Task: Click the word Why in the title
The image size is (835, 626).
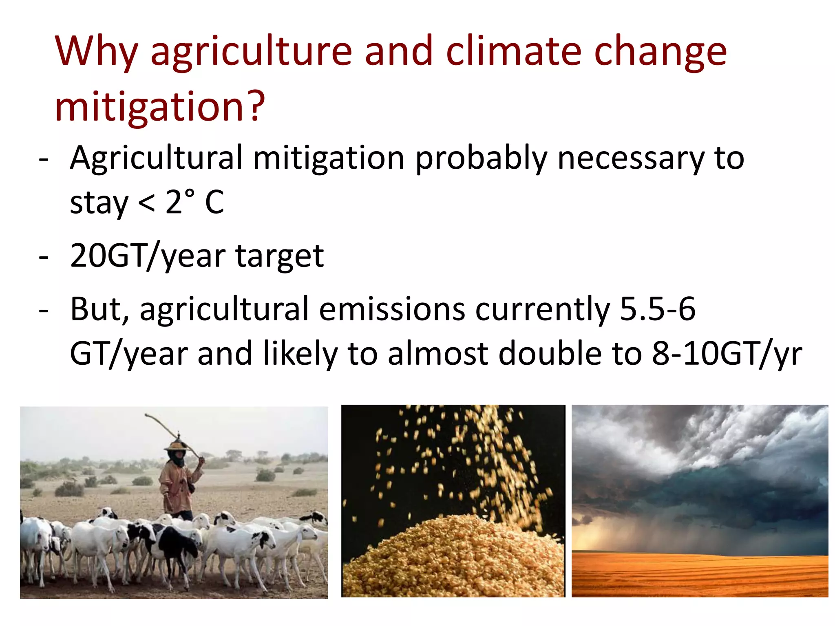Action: (x=96, y=52)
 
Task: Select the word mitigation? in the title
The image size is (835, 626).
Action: (x=160, y=107)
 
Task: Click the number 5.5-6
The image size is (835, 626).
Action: (x=657, y=309)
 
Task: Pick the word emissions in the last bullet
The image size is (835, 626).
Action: (x=392, y=309)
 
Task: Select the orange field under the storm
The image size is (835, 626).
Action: (x=700, y=575)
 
